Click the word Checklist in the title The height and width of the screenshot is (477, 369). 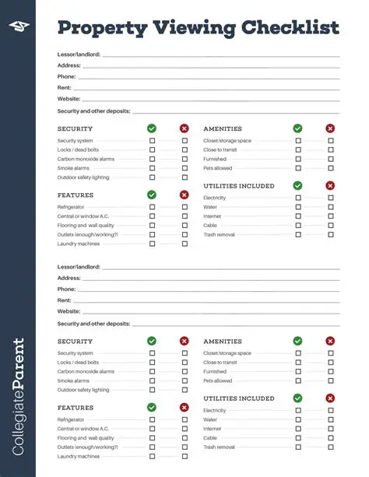[289, 28]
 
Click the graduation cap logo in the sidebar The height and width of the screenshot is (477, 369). [17, 27]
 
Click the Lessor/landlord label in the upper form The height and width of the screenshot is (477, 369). [79, 54]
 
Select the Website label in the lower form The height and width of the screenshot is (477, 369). [69, 311]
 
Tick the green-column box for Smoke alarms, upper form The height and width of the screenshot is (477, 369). [152, 168]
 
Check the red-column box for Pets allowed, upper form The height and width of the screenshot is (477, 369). [330, 168]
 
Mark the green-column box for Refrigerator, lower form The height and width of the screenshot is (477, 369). [152, 419]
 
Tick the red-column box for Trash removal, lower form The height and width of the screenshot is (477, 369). [330, 447]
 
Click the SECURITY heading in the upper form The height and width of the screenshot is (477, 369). [75, 128]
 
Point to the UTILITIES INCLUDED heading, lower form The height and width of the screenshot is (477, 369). [238, 398]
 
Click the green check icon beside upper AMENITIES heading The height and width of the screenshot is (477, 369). [297, 128]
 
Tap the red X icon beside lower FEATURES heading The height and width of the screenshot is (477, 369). [184, 407]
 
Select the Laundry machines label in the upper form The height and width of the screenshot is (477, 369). [78, 244]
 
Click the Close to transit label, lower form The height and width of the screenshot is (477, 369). [220, 363]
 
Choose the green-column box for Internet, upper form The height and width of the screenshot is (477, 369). [297, 216]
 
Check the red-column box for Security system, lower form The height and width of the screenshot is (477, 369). [184, 353]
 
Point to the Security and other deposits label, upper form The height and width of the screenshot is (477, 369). [93, 111]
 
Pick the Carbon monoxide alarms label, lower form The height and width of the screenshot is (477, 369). [86, 372]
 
